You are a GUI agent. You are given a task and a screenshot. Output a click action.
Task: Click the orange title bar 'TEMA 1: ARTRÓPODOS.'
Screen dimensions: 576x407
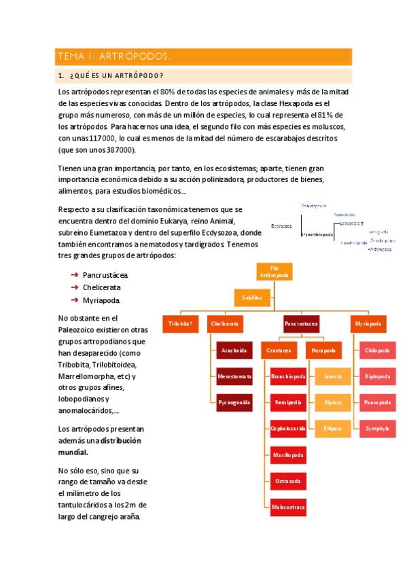(x=203, y=56)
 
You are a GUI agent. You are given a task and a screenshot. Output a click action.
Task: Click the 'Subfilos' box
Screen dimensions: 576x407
(x=252, y=298)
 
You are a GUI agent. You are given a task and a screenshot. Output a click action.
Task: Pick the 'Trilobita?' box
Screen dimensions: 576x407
(x=181, y=325)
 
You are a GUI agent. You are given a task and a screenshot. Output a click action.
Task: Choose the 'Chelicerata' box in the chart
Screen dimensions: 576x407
(x=225, y=325)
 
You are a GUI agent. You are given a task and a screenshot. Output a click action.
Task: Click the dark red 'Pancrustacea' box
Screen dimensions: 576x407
(x=302, y=325)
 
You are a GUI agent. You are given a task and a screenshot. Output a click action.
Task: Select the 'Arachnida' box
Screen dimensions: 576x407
(x=234, y=350)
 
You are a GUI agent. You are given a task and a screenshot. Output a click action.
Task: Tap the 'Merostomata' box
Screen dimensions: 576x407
(x=234, y=376)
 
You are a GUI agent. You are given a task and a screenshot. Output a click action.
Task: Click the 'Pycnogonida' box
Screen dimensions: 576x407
(x=234, y=402)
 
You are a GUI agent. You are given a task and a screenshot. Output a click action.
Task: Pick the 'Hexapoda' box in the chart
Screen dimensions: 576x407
(x=323, y=350)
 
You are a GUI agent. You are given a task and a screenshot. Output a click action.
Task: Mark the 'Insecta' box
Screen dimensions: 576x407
(x=333, y=376)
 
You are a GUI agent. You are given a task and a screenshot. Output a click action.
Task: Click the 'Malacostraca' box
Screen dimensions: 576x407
(x=288, y=506)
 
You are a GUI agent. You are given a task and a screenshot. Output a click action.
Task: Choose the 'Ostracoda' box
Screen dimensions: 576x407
(x=288, y=480)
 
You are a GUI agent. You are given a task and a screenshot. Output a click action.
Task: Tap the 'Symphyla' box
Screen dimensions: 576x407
(x=377, y=429)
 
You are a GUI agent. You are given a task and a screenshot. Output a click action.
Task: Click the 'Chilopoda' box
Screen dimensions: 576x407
(x=377, y=350)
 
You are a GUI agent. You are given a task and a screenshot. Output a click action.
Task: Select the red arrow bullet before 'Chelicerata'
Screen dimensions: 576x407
(x=73, y=287)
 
